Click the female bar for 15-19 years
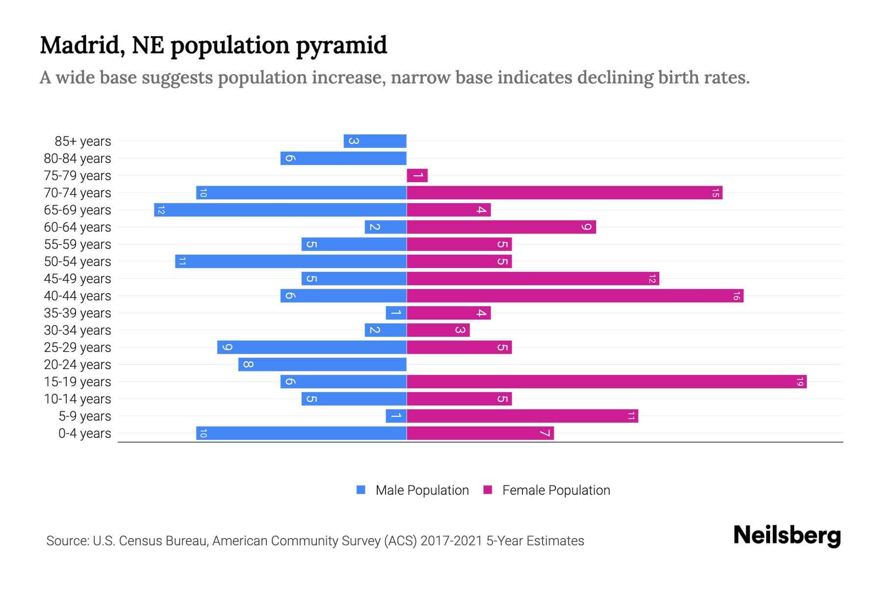[x=606, y=381]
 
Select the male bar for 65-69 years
[x=280, y=210]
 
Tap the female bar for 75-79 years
[x=417, y=176]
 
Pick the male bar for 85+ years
[x=375, y=141]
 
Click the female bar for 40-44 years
[x=575, y=296]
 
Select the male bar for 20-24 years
[x=322, y=365]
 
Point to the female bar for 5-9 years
[x=522, y=416]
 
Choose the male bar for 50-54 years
[x=291, y=262]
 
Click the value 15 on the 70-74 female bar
[x=715, y=193]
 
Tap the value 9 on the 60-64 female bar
[x=586, y=227]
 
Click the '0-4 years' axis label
[x=84, y=433]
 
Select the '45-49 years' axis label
[x=78, y=279]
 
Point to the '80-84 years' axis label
[x=78, y=159]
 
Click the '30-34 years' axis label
[x=78, y=330]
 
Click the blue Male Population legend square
[x=361, y=490]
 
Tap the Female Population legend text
[x=556, y=490]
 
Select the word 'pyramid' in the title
[x=341, y=45]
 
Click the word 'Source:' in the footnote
[x=67, y=541]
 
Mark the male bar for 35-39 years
[x=396, y=313]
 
